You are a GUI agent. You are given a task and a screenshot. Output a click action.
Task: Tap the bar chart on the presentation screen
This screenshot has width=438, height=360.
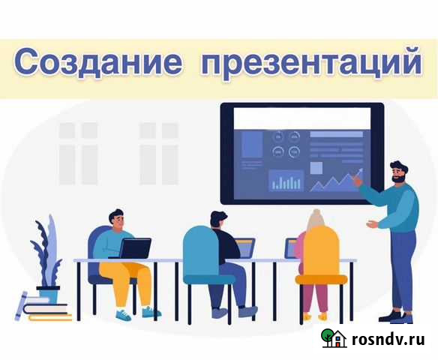[x=286, y=181]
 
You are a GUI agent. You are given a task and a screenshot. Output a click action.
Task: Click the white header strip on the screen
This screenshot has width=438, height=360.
[x=302, y=117]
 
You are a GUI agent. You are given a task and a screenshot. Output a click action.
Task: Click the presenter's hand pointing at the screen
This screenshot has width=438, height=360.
[x=359, y=181]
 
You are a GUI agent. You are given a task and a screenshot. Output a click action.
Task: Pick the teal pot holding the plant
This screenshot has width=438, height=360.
[x=49, y=294]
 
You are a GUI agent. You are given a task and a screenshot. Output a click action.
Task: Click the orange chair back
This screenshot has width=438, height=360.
[x=321, y=250]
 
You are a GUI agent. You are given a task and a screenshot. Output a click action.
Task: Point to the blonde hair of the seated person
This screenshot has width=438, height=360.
[x=316, y=220]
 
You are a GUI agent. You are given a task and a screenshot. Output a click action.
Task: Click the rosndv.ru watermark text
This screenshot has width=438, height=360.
[x=389, y=340]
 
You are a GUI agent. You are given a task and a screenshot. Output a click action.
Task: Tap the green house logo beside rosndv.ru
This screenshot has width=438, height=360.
[x=334, y=338]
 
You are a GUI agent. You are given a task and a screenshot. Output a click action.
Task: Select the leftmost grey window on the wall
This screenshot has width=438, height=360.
[x=78, y=153]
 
